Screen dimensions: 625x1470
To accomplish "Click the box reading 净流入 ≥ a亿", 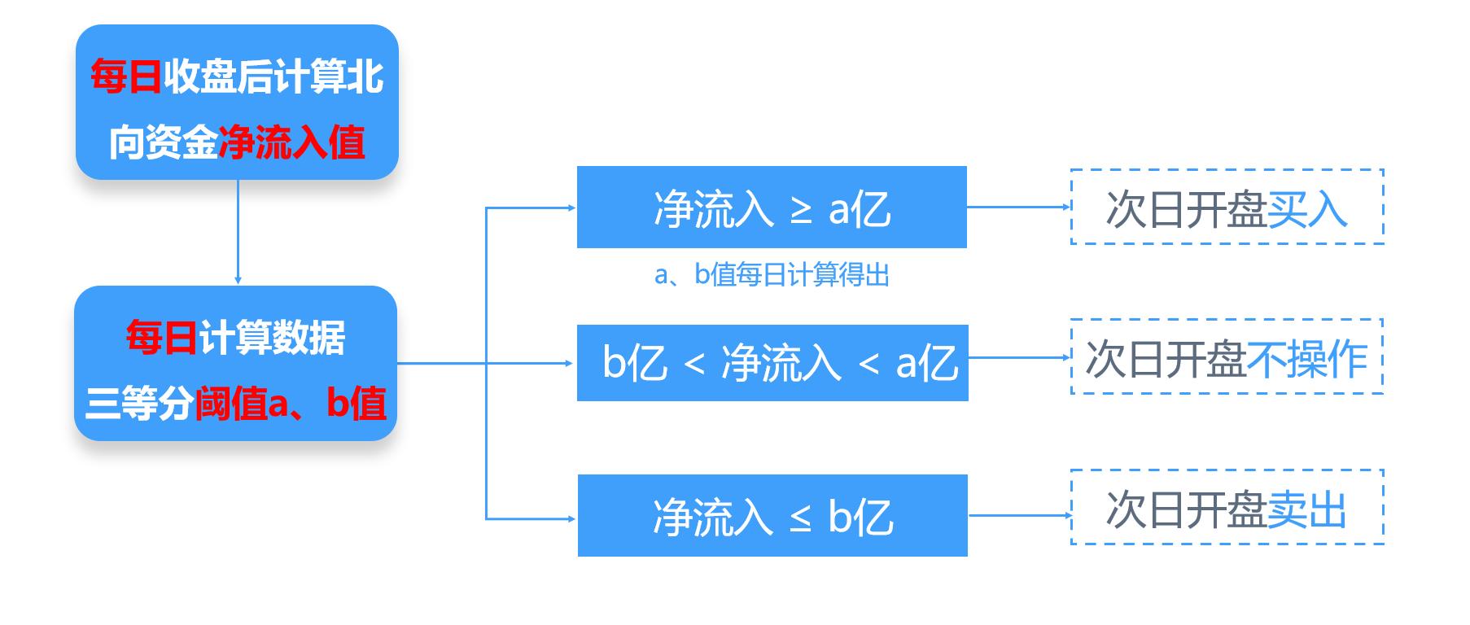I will click(771, 207).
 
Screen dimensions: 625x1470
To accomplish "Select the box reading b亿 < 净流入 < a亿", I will click(772, 362).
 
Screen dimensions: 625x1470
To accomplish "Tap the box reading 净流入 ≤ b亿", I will click(772, 515).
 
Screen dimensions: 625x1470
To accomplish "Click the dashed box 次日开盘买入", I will click(1227, 207).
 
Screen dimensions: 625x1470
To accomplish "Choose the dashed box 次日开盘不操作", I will click(1227, 356).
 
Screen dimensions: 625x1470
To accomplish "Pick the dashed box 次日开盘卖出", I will click(1227, 507).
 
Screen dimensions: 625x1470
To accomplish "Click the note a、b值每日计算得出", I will click(771, 275).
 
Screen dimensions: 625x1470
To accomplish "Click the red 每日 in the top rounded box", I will click(125, 78).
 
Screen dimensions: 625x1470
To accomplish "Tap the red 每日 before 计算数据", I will click(161, 338).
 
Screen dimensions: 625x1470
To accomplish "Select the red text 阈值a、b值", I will click(290, 403).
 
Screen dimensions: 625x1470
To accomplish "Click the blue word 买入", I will click(1307, 209).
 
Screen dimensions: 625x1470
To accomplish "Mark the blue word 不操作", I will click(1306, 359).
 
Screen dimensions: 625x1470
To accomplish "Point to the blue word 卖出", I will click(1306, 510).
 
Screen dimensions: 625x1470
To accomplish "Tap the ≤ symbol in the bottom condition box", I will click(801, 518).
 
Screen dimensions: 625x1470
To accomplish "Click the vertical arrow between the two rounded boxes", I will click(238, 232).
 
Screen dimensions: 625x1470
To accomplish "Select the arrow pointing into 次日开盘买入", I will click(1018, 207).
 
